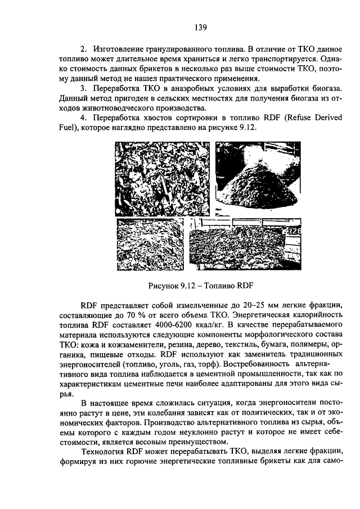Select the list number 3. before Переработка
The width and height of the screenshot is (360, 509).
83,89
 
